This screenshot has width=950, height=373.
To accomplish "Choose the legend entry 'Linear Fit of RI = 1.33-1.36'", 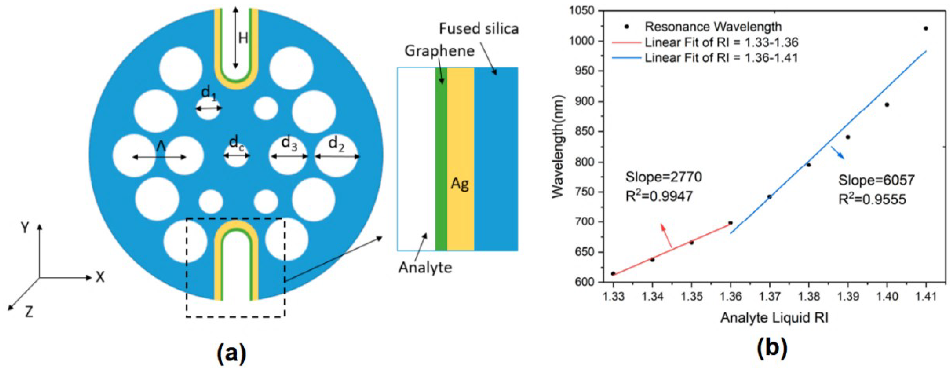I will (x=721, y=42).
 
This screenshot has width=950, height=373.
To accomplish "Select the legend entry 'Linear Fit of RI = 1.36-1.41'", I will (x=721, y=58).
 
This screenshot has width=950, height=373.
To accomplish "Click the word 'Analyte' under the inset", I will (x=425, y=267).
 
